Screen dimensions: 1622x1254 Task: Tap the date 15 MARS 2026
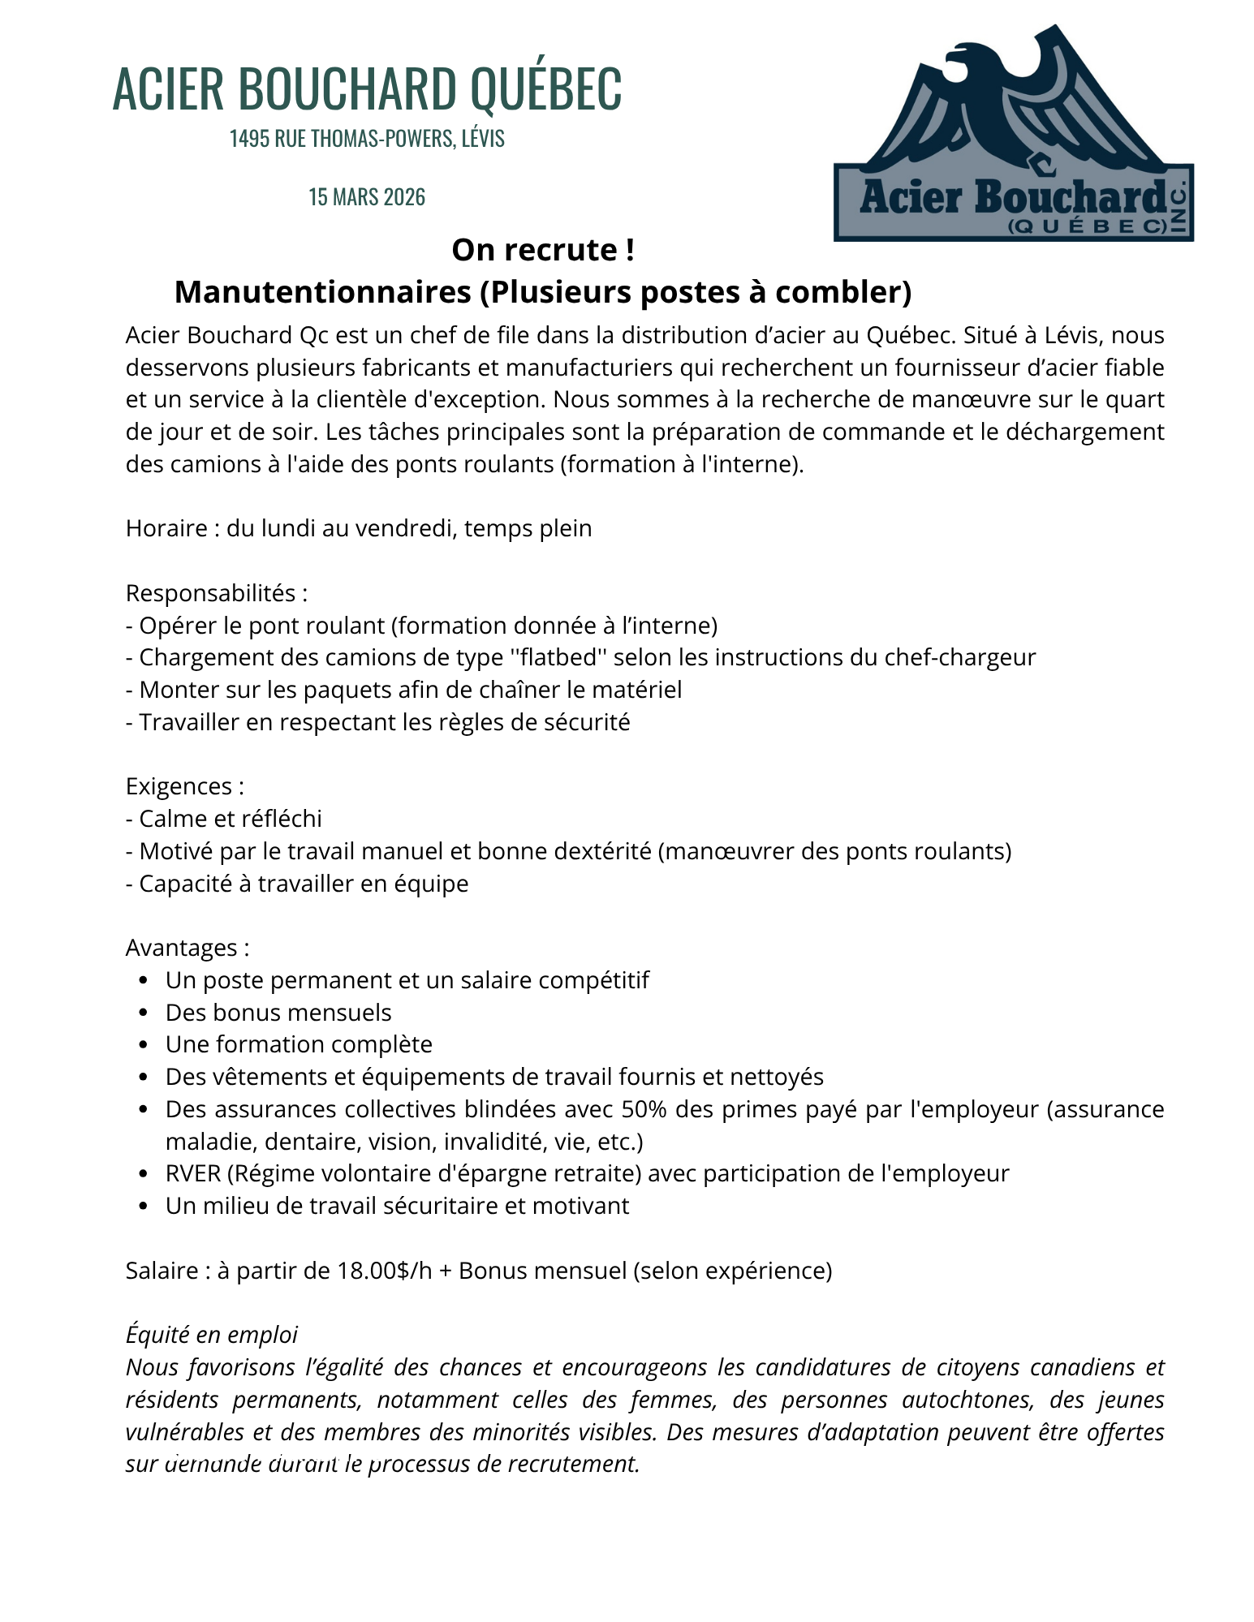pos(367,197)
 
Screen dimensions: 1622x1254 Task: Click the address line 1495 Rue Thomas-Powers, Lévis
pos(367,139)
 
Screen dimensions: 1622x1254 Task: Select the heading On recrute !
pos(543,250)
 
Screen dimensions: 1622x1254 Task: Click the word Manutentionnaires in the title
pos(322,292)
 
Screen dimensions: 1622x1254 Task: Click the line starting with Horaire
pos(359,528)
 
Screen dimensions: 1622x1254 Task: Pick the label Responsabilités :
pos(217,593)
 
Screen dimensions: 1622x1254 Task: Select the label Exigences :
pos(185,786)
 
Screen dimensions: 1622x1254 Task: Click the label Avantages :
pos(187,948)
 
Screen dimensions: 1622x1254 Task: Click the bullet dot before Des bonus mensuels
pos(144,1013)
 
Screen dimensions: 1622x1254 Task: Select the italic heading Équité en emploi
pos(212,1335)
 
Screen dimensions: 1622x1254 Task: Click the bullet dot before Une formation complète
pos(144,1045)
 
